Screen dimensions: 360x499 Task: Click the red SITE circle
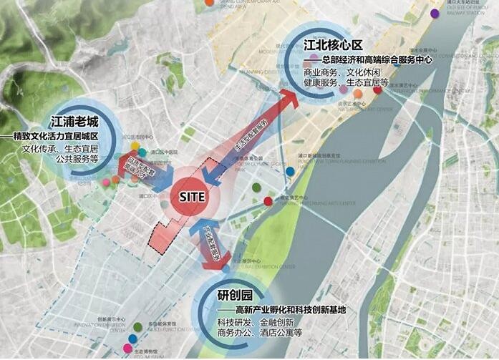point(192,195)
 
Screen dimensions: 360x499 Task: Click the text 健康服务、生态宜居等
point(346,84)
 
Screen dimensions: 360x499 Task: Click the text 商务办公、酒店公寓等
point(259,333)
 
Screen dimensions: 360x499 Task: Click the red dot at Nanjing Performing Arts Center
point(267,200)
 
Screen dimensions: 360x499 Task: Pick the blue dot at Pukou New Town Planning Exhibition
point(290,172)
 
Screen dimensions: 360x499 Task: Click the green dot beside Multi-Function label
point(137,327)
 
